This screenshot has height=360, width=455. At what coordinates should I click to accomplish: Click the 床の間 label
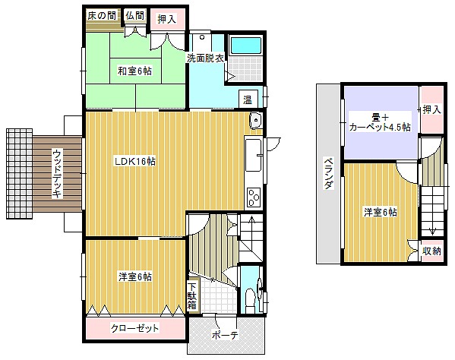[102, 15]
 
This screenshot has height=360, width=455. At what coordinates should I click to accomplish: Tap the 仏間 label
[135, 15]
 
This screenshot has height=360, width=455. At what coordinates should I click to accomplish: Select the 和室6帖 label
[134, 71]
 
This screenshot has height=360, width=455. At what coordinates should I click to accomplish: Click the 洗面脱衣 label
[205, 58]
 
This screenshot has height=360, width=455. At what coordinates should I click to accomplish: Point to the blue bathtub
[246, 46]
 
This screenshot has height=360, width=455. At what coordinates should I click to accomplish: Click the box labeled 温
[248, 99]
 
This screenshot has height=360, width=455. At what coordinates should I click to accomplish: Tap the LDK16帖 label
[135, 161]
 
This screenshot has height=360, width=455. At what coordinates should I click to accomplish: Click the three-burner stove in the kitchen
[253, 197]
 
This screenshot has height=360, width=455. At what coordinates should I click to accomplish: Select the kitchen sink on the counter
[253, 155]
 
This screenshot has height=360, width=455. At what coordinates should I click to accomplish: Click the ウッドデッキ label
[58, 173]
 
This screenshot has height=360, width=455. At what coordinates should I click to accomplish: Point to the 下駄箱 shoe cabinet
[193, 296]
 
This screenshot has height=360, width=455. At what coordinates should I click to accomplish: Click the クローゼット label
[135, 328]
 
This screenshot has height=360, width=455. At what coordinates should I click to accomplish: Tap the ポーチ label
[225, 335]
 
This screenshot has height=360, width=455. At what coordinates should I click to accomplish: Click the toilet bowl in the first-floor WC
[250, 298]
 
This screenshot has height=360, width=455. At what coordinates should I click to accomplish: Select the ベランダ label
[328, 173]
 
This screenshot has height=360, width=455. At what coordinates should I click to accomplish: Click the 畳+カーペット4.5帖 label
[380, 122]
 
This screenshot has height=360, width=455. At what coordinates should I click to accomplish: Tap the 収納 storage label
[431, 251]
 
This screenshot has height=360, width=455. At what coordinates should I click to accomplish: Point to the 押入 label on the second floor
[431, 109]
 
